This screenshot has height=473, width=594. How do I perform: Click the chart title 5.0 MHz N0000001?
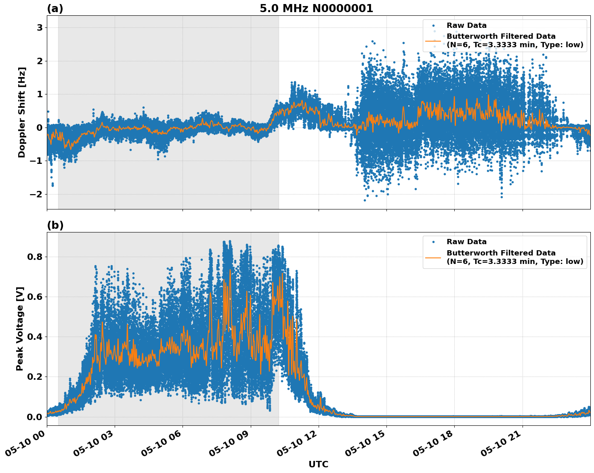pos(316,8)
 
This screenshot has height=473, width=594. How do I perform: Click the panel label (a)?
pos(55,8)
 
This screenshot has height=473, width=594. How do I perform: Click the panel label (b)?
pos(55,225)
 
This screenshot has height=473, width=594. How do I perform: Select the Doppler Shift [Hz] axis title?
pos(22,112)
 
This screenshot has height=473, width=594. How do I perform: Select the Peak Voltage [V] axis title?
pos(20,329)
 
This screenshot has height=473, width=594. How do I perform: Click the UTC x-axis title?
pos(318,464)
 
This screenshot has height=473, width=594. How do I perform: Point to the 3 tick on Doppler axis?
pos(40,27)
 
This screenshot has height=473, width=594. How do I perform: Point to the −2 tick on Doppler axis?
pos(37,194)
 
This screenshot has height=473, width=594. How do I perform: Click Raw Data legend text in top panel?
pos(466,26)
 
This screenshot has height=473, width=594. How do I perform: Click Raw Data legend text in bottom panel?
pos(466,242)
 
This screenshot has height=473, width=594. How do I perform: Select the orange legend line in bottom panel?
pos(433,257)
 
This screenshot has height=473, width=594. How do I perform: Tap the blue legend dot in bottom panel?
pos(433,242)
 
